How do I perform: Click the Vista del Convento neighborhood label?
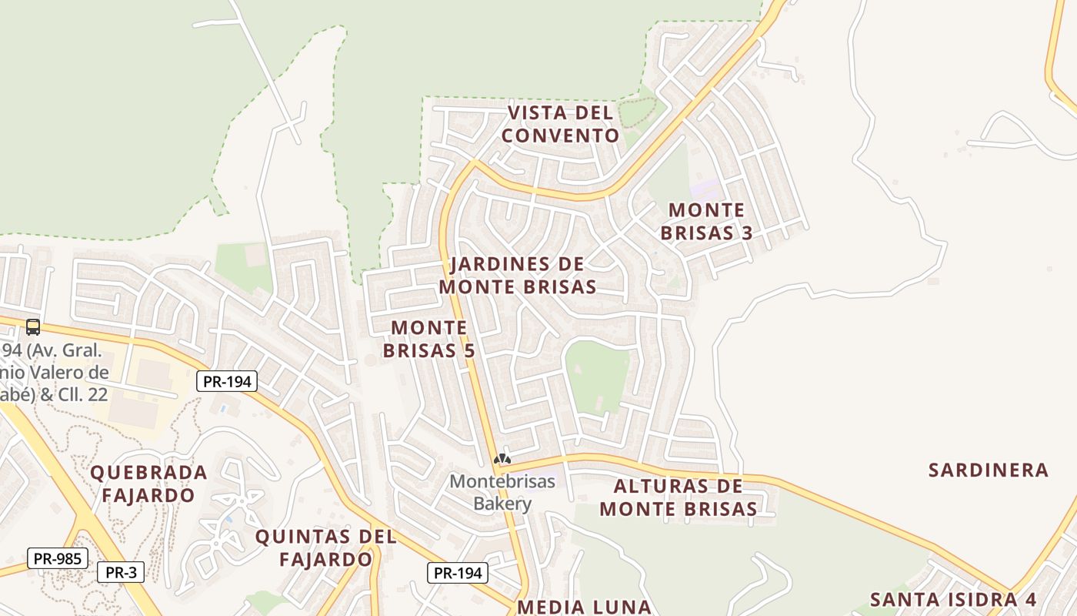tap(559, 124)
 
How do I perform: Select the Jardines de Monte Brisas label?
tap(517, 275)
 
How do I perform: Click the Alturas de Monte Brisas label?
tap(679, 497)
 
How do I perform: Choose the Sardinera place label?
tap(988, 470)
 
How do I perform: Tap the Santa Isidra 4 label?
tap(953, 599)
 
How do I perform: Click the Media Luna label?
tap(584, 606)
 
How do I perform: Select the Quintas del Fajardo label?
tap(325, 547)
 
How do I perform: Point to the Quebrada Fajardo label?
tap(148, 484)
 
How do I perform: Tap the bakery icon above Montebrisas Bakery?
tap(502, 460)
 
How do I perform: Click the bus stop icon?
tap(32, 327)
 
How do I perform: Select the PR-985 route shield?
tap(57, 558)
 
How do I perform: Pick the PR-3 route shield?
tap(121, 572)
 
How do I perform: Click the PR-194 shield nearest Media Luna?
tap(457, 572)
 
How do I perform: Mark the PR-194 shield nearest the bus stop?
tap(226, 381)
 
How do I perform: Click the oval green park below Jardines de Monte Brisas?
tap(597, 376)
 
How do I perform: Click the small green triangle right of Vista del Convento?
tap(638, 113)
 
